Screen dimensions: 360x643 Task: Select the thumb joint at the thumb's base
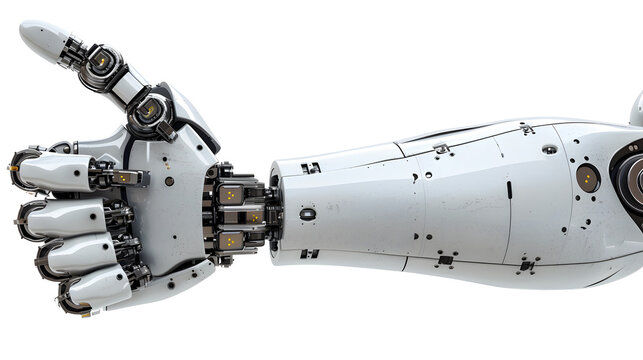tap(150, 113)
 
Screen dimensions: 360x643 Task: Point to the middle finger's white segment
tap(62, 216)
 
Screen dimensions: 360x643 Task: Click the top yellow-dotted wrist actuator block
tap(232, 193)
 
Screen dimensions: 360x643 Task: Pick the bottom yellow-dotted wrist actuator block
tap(232, 240)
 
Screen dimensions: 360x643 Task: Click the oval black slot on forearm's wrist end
tap(307, 213)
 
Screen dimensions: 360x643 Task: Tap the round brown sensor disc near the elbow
tap(588, 178)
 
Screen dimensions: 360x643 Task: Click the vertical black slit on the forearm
tap(508, 189)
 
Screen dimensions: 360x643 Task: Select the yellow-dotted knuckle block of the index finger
tap(125, 177)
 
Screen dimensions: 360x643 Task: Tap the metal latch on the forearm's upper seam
tap(440, 149)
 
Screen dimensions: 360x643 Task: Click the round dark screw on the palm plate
tap(169, 181)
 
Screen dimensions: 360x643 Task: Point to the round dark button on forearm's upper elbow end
tap(549, 150)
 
